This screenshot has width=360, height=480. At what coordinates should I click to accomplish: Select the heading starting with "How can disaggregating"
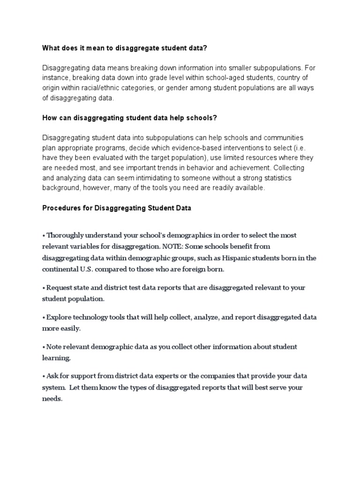[129, 118]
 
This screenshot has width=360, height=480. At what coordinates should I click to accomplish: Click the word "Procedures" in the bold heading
[60, 208]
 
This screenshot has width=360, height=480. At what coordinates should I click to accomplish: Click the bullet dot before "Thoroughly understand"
[44, 235]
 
